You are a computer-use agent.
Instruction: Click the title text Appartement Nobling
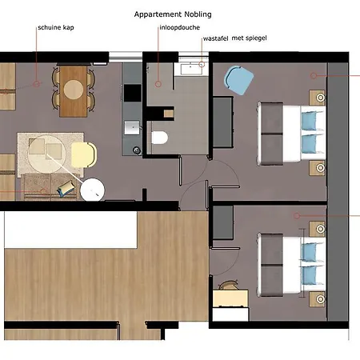[173, 14]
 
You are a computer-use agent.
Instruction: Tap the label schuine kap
[56, 27]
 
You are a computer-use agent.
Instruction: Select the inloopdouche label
[180, 27]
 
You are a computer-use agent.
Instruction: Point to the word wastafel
[215, 38]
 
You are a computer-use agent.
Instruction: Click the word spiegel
[256, 38]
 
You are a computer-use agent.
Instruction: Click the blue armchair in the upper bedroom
[238, 80]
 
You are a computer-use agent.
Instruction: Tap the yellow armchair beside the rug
[84, 155]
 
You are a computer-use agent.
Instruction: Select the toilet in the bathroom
[159, 138]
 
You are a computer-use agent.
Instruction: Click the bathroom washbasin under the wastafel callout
[191, 69]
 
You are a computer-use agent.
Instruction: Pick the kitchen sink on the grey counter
[132, 128]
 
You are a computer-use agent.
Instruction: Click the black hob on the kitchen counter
[133, 93]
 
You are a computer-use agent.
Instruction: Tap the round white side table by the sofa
[92, 190]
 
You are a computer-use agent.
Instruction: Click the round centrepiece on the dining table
[74, 90]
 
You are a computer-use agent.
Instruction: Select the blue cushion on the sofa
[66, 189]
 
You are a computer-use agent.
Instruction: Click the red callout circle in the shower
[158, 84]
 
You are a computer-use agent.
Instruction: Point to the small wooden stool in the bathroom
[169, 114]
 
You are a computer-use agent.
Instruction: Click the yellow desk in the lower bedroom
[230, 298]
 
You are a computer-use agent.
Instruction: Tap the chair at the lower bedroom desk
[228, 286]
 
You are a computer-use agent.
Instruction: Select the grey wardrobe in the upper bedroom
[223, 122]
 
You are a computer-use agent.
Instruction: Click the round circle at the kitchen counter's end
[137, 150]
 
